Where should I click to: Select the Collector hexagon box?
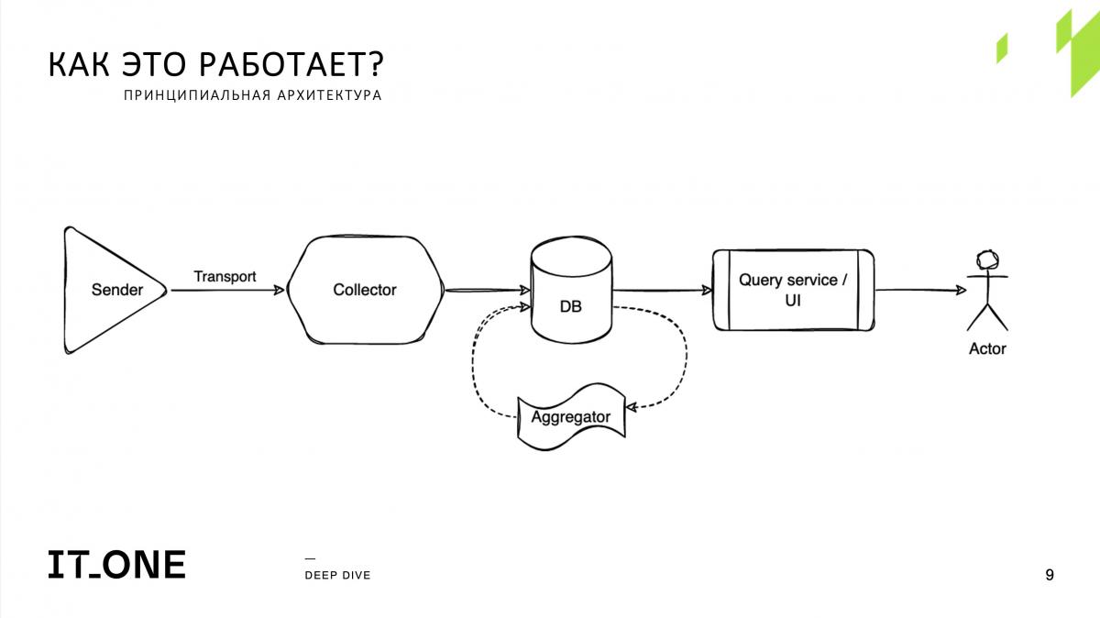(x=366, y=290)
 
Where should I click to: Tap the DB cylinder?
(x=571, y=290)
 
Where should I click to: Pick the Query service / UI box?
(x=793, y=290)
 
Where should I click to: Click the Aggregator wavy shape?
(x=571, y=417)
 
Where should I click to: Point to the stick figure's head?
(x=987, y=259)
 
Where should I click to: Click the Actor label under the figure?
(x=987, y=348)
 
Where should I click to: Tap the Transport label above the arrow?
(x=225, y=277)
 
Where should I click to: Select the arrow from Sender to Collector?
(x=228, y=290)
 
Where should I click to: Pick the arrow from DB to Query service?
(x=663, y=291)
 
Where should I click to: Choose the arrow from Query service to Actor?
(x=920, y=291)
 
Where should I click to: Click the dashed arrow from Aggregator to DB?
(x=473, y=363)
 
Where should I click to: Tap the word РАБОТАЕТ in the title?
(x=291, y=64)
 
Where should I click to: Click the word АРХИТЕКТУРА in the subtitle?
(x=329, y=94)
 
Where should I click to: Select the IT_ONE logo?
(x=117, y=565)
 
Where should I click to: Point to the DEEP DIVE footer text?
(x=338, y=575)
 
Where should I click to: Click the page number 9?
(x=1050, y=575)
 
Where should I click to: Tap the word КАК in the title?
(x=79, y=64)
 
